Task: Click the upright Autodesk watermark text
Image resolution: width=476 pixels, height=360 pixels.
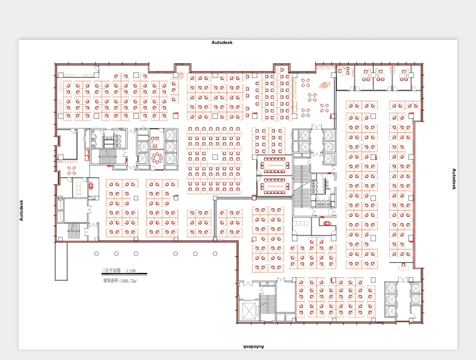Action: point(222,43)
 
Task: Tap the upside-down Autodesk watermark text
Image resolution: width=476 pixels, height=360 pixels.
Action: point(254,347)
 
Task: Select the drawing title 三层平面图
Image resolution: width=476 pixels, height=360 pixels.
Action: point(111,270)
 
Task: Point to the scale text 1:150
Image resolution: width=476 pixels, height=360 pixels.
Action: point(131,271)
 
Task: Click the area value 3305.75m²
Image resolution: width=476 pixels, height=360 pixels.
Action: point(129,281)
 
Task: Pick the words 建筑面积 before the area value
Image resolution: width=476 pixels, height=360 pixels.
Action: point(111,281)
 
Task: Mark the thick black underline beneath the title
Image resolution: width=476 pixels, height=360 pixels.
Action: point(124,274)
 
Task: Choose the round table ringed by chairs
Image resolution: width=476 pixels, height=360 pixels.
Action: point(157,158)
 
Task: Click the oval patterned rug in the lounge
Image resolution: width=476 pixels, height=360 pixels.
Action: point(325,85)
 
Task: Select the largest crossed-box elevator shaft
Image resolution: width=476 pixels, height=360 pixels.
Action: point(249,311)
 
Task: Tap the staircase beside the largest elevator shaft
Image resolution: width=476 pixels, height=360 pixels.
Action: point(268,304)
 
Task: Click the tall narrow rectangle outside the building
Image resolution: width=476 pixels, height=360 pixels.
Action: point(61,261)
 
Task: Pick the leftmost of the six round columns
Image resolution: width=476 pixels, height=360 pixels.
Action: point(96,254)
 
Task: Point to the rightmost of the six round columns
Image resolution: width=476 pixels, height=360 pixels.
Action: point(215,254)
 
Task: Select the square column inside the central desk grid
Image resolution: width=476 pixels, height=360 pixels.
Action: point(215,157)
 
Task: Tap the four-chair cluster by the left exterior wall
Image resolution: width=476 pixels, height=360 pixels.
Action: point(72,170)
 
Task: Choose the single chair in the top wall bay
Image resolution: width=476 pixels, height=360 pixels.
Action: point(282,70)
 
